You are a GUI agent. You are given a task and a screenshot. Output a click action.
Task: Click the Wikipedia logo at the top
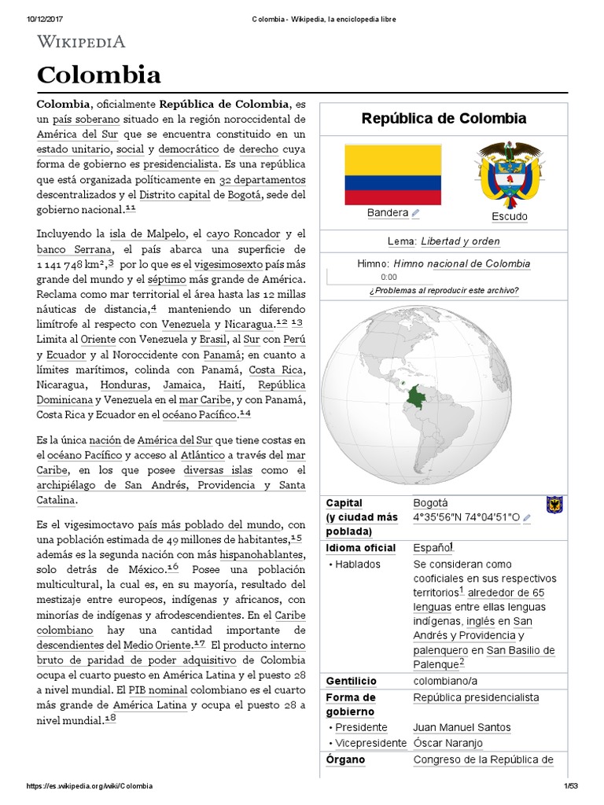(81, 42)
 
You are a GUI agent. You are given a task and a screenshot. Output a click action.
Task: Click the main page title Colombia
(98, 75)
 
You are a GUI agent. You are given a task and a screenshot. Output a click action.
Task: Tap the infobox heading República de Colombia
(444, 119)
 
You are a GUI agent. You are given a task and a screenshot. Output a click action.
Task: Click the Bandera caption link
(388, 213)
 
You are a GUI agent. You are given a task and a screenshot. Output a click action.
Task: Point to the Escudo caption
(509, 216)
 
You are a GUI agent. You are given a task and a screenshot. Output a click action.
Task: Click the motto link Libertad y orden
(460, 241)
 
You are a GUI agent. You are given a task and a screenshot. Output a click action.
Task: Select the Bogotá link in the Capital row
(431, 502)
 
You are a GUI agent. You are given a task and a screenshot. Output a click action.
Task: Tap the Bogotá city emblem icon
(554, 504)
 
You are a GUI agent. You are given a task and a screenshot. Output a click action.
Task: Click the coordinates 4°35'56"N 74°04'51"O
(466, 517)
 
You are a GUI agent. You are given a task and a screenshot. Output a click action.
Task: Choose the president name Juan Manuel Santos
(462, 727)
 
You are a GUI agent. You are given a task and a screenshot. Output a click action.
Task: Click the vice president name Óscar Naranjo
(447, 743)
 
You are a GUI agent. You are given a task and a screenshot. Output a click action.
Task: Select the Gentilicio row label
(351, 681)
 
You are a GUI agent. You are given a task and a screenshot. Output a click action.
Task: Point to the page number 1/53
(569, 786)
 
